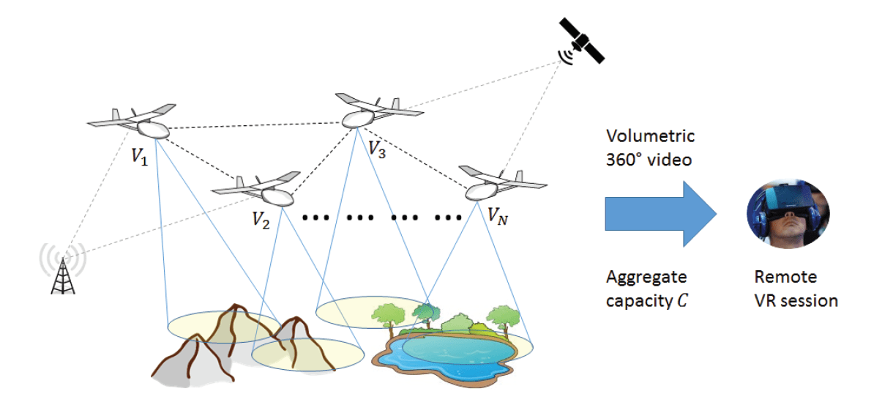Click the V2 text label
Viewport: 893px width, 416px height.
[x=261, y=220]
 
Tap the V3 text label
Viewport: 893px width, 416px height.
[x=377, y=150]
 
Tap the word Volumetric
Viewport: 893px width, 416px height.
[x=650, y=136]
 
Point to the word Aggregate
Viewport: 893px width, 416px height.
[x=646, y=277]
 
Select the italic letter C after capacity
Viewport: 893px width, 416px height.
[x=681, y=300]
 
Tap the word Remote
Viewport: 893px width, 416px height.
[x=785, y=278]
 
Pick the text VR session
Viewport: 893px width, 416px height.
[x=796, y=300]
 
